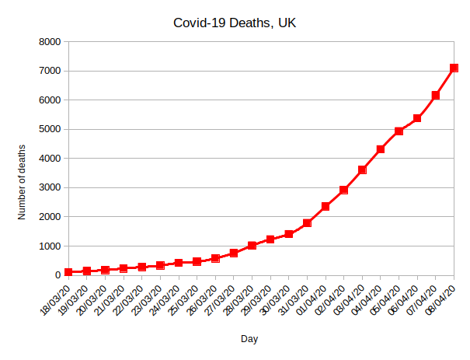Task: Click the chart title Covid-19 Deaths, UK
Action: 234,24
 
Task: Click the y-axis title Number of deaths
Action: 23,181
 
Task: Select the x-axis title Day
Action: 249,339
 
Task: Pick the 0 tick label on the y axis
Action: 57,275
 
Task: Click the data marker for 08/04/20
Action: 454,68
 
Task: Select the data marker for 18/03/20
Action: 68,272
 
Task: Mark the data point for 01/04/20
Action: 326,206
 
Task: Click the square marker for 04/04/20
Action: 381,149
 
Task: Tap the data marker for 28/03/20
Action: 252,246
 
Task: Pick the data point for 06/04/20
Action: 417,118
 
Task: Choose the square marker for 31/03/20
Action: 308,223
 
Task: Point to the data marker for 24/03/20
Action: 179,263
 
